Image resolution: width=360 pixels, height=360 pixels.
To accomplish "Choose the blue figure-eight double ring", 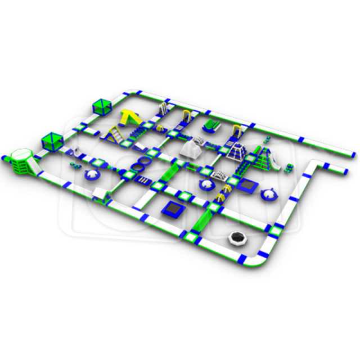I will coord(141,166).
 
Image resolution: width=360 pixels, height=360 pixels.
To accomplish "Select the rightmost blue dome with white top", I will coord(269,195).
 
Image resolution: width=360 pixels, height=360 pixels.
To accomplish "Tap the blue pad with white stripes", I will coord(143,181).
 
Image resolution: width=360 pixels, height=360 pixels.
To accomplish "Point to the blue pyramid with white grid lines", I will coord(236,150).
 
